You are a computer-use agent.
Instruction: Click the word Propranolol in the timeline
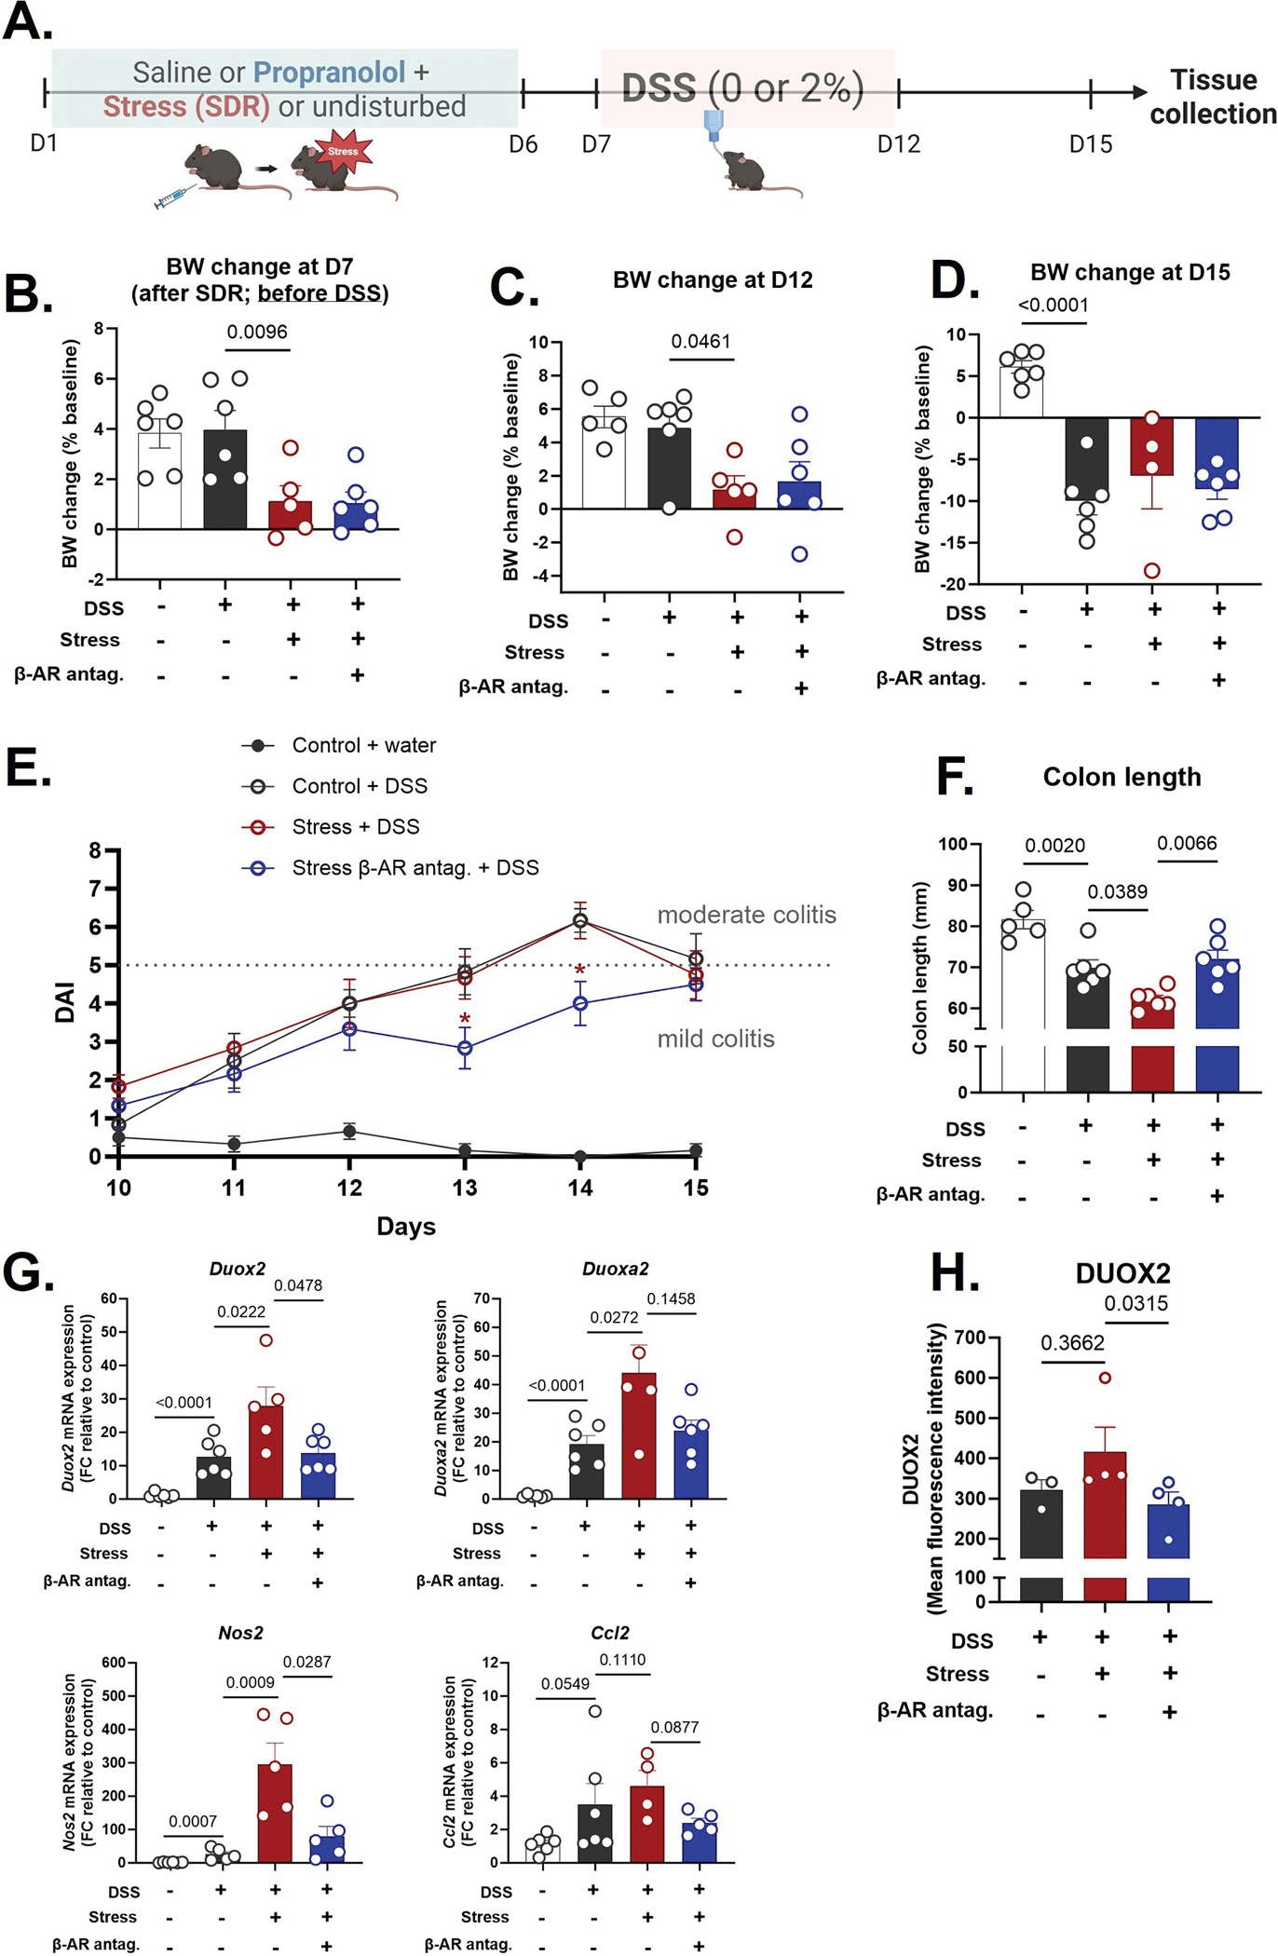[329, 72]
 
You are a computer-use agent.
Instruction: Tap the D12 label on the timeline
[899, 144]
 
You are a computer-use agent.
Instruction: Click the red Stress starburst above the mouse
[343, 152]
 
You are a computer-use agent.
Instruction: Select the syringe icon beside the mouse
[176, 197]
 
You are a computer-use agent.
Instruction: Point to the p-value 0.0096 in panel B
[257, 332]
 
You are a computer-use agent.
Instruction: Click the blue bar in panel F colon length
[1217, 1025]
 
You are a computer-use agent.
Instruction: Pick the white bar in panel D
[1021, 392]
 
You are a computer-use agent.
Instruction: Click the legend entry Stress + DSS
[356, 826]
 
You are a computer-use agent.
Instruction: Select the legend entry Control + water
[364, 745]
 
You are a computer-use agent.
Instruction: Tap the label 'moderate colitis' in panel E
[747, 915]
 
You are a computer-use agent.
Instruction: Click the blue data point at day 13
[465, 1048]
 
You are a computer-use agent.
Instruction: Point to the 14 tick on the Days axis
[580, 1188]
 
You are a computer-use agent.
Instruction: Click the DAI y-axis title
[64, 1004]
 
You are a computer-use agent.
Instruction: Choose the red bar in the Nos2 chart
[275, 1813]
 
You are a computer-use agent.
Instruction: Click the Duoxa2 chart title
[615, 1269]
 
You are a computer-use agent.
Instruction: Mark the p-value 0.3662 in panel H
[1072, 1343]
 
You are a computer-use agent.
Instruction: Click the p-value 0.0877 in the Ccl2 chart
[674, 1727]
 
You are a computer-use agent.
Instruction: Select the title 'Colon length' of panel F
[1122, 777]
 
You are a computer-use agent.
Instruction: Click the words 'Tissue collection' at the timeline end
[1213, 96]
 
